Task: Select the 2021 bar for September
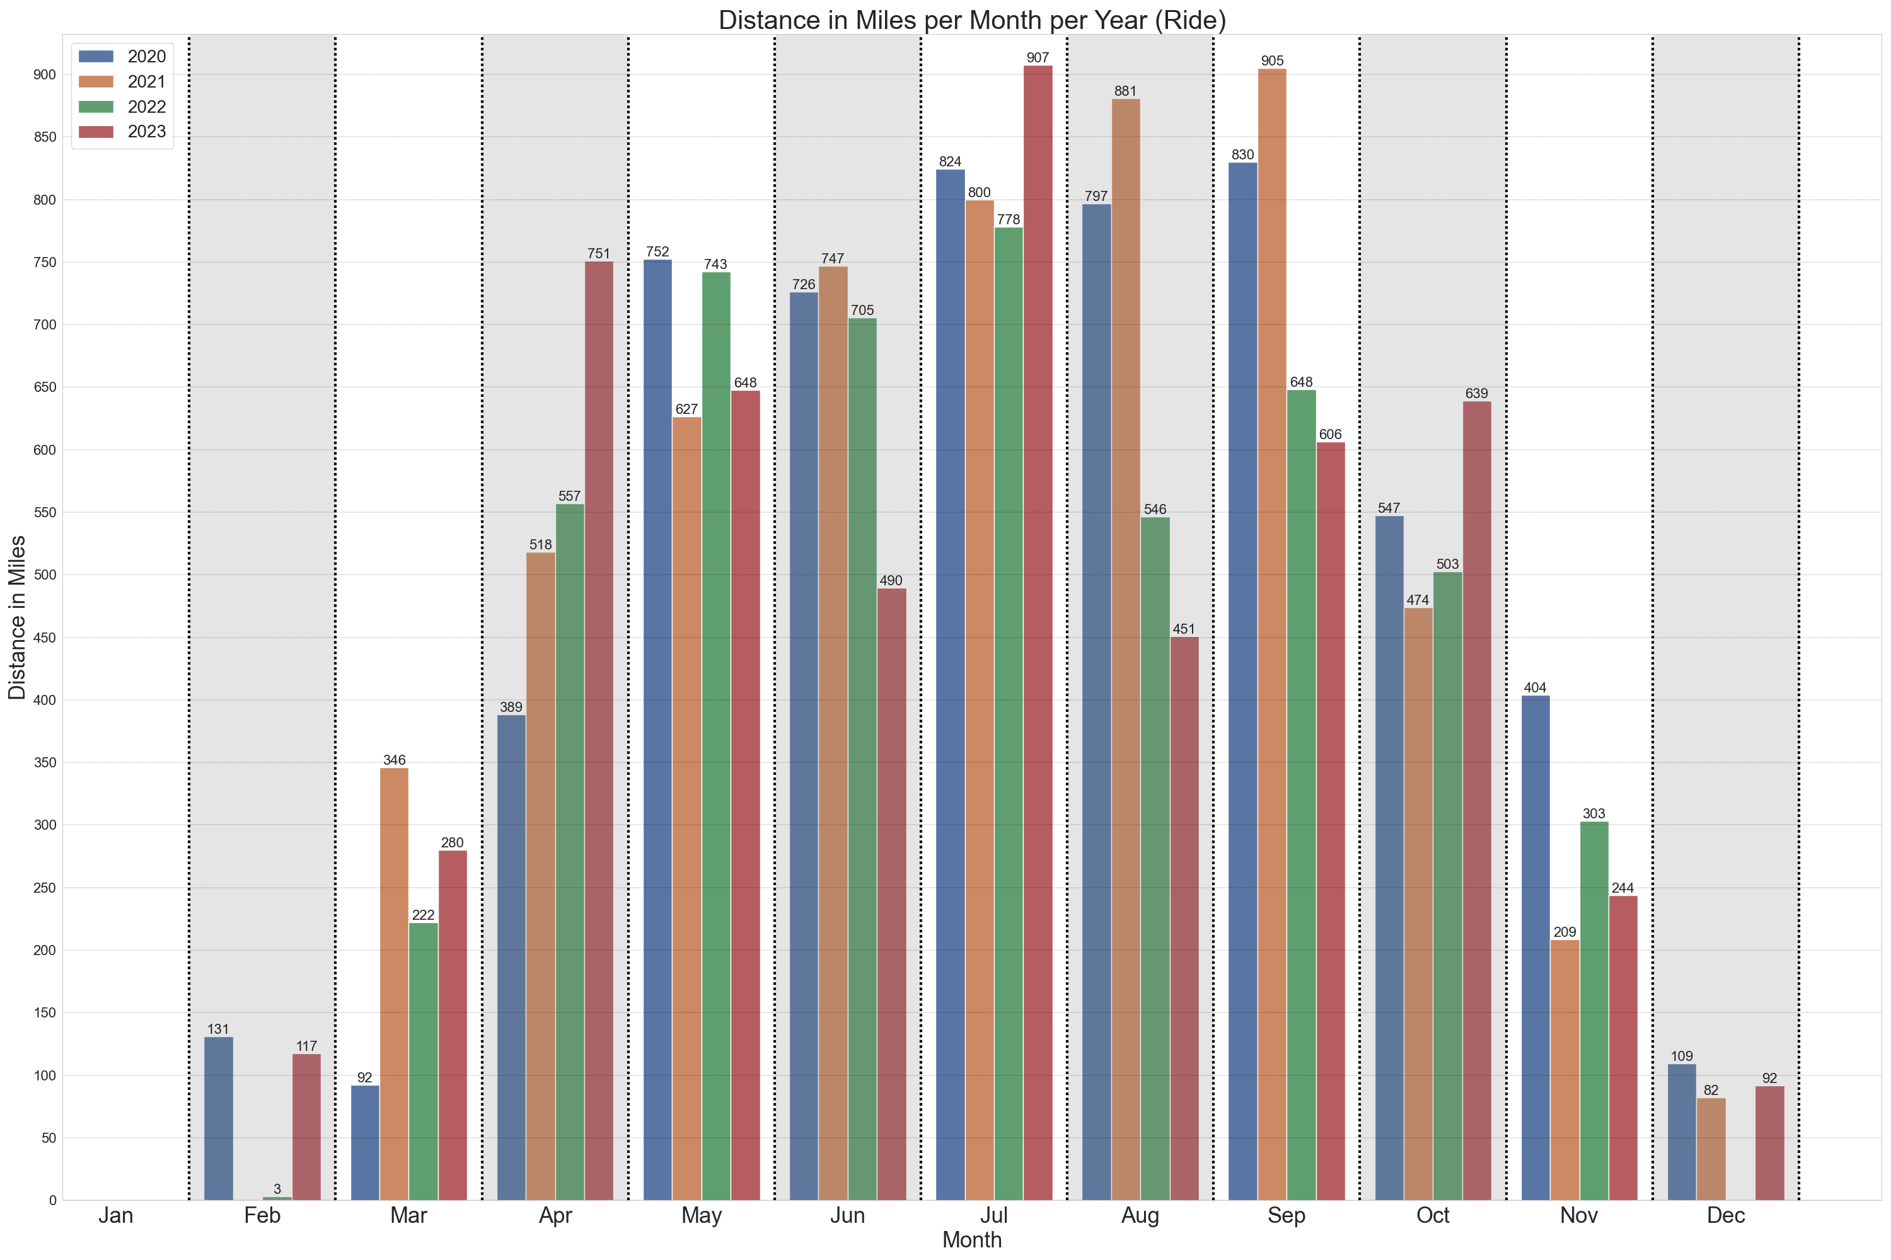pyautogui.click(x=1272, y=635)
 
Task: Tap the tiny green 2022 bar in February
pyautogui.click(x=277, y=1198)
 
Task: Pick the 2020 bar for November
pyautogui.click(x=1535, y=948)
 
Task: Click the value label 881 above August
pyautogui.click(x=1126, y=91)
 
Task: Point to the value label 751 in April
pyautogui.click(x=599, y=253)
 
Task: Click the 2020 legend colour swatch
pyautogui.click(x=96, y=56)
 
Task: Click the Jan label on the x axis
pyautogui.click(x=116, y=1216)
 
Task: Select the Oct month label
pyautogui.click(x=1433, y=1216)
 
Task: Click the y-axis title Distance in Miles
pyautogui.click(x=17, y=617)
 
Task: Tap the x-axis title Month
pyautogui.click(x=972, y=1240)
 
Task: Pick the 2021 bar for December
pyautogui.click(x=1711, y=1149)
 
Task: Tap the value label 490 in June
pyautogui.click(x=891, y=580)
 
